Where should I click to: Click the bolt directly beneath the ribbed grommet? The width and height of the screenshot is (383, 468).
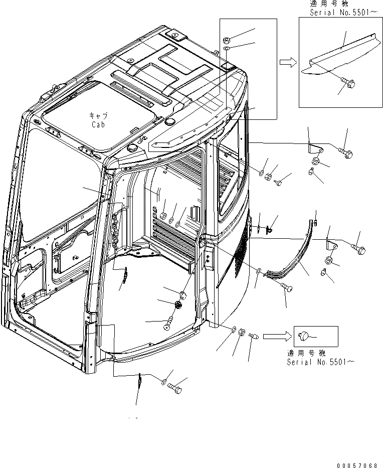(167, 322)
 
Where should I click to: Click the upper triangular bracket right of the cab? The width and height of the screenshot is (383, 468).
(314, 148)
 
